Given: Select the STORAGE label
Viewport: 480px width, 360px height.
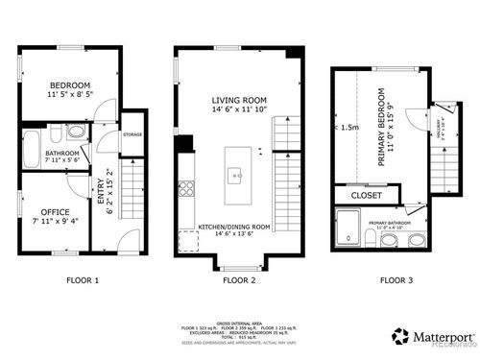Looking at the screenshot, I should tap(132, 134).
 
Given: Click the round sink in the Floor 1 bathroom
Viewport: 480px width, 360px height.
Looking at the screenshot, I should tap(77, 132).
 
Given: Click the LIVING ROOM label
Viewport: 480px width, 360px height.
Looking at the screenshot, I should tap(238, 99).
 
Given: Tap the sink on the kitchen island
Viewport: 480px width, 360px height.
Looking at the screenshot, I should tap(234, 174).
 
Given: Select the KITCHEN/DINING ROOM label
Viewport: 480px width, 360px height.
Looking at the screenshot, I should tap(234, 227).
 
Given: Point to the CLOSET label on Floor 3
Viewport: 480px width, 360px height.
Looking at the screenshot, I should tap(366, 195).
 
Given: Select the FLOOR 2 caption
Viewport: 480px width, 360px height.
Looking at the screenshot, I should tap(239, 281).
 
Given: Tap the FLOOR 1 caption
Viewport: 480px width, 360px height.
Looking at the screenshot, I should tap(82, 281).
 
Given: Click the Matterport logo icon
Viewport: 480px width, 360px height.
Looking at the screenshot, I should tap(399, 337).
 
